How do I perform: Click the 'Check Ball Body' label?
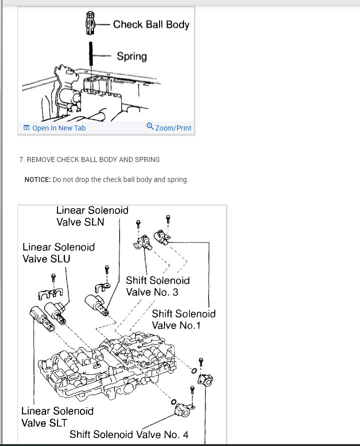coord(151,24)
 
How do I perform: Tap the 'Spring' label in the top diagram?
coord(131,56)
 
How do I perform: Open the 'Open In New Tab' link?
coord(54,128)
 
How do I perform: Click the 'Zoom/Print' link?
coord(173,128)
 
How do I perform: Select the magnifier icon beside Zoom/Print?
coord(150,127)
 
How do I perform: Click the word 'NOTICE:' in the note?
coord(37,179)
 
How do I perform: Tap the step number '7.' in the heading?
coord(22,159)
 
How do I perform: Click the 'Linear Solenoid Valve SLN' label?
coord(92,215)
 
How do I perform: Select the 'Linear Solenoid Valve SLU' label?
coord(58,252)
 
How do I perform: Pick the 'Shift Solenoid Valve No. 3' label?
coord(157,286)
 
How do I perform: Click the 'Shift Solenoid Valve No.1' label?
coord(183,319)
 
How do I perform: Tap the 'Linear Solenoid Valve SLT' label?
coord(57,416)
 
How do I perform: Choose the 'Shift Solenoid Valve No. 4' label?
coord(129,434)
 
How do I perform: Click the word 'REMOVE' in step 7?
coord(40,159)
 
